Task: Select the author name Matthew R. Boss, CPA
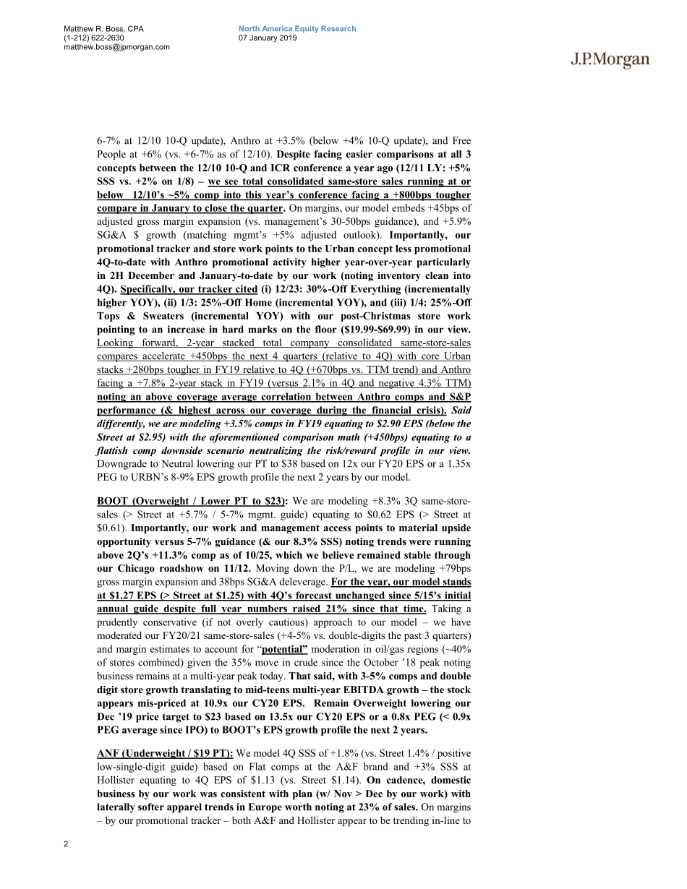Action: tap(103, 29)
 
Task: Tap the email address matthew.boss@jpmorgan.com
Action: tap(116, 47)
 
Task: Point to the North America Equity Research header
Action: tap(297, 29)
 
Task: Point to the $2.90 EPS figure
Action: tap(320, 424)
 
